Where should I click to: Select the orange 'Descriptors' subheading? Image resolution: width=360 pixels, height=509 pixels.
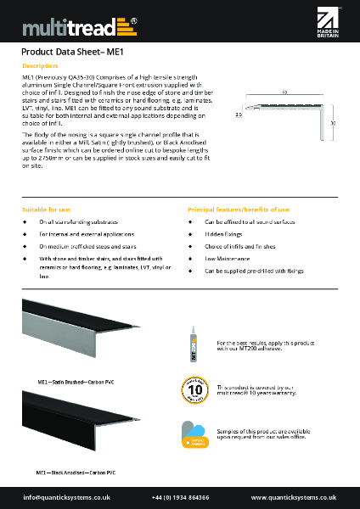pos(39,64)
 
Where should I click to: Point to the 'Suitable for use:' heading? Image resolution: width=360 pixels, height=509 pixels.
pos(46,209)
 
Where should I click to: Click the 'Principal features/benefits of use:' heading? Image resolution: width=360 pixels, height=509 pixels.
pos(239,209)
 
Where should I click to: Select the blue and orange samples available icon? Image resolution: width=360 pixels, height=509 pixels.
pos(194,434)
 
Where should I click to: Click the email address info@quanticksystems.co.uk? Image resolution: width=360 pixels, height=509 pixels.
pos(64,497)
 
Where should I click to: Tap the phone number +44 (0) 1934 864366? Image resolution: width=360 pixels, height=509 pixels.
pos(180,497)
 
